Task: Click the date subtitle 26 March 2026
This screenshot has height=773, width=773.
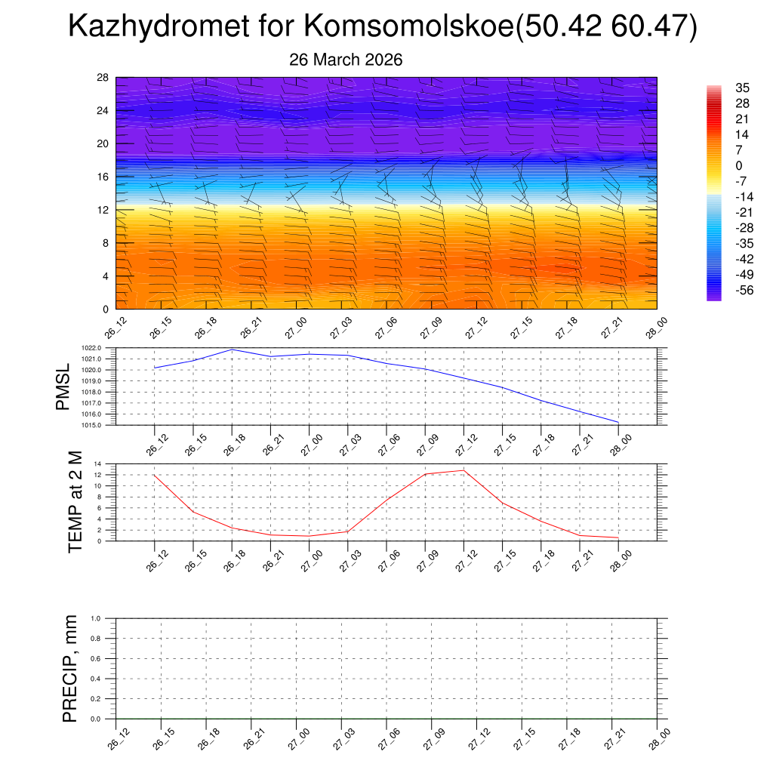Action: click(346, 60)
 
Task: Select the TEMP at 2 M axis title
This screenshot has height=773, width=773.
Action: click(75, 501)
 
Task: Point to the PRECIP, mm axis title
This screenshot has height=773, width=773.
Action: click(70, 668)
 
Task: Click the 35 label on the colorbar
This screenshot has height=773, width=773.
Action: click(742, 88)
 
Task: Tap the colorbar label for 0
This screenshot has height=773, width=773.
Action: click(739, 165)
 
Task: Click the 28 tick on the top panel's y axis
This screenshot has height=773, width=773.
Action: click(103, 77)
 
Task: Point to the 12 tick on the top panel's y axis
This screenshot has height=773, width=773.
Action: click(103, 210)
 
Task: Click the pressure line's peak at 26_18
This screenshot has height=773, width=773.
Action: click(232, 350)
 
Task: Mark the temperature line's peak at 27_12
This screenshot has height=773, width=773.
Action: click(463, 470)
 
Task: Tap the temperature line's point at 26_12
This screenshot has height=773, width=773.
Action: click(154, 475)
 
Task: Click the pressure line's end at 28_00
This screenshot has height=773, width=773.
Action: click(618, 422)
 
